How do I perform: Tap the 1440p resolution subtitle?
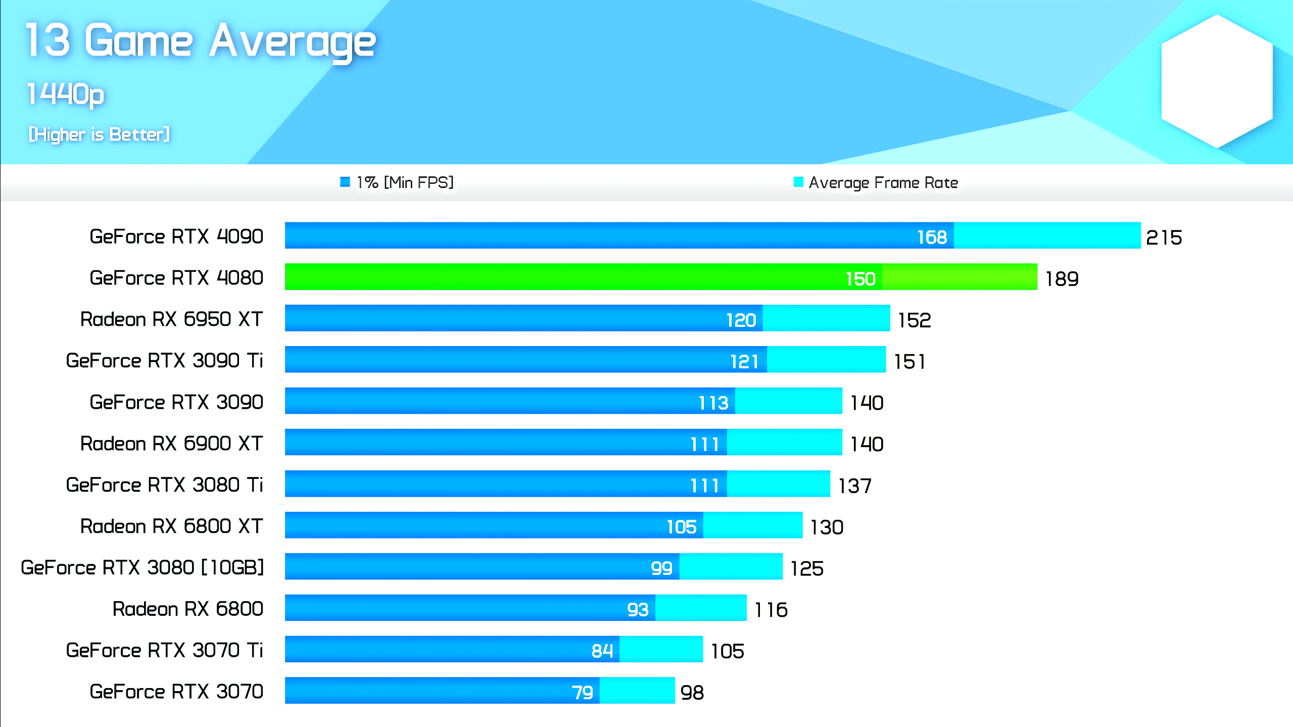pyautogui.click(x=66, y=94)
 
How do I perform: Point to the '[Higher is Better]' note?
pyautogui.click(x=99, y=134)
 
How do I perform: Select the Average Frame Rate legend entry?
pyautogui.click(x=876, y=182)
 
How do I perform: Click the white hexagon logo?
pyautogui.click(x=1217, y=81)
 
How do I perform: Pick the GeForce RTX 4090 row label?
pyautogui.click(x=176, y=236)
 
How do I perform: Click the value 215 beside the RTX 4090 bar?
pyautogui.click(x=1164, y=237)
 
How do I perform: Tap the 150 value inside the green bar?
pyautogui.click(x=860, y=278)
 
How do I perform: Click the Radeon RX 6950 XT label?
pyautogui.click(x=171, y=319)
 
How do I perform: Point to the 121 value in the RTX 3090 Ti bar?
pyautogui.click(x=744, y=361)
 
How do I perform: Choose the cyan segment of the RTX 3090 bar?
pyautogui.click(x=788, y=401)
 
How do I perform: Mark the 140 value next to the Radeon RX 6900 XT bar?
pyautogui.click(x=867, y=444)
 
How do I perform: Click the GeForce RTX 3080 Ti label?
pyautogui.click(x=164, y=485)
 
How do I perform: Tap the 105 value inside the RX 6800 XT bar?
pyautogui.click(x=681, y=527)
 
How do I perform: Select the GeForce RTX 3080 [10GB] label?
pyautogui.click(x=142, y=567)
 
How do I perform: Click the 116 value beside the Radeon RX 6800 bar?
pyautogui.click(x=771, y=610)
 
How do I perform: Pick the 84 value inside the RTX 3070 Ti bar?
pyautogui.click(x=602, y=651)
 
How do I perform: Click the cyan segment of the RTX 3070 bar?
pyautogui.click(x=637, y=691)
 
